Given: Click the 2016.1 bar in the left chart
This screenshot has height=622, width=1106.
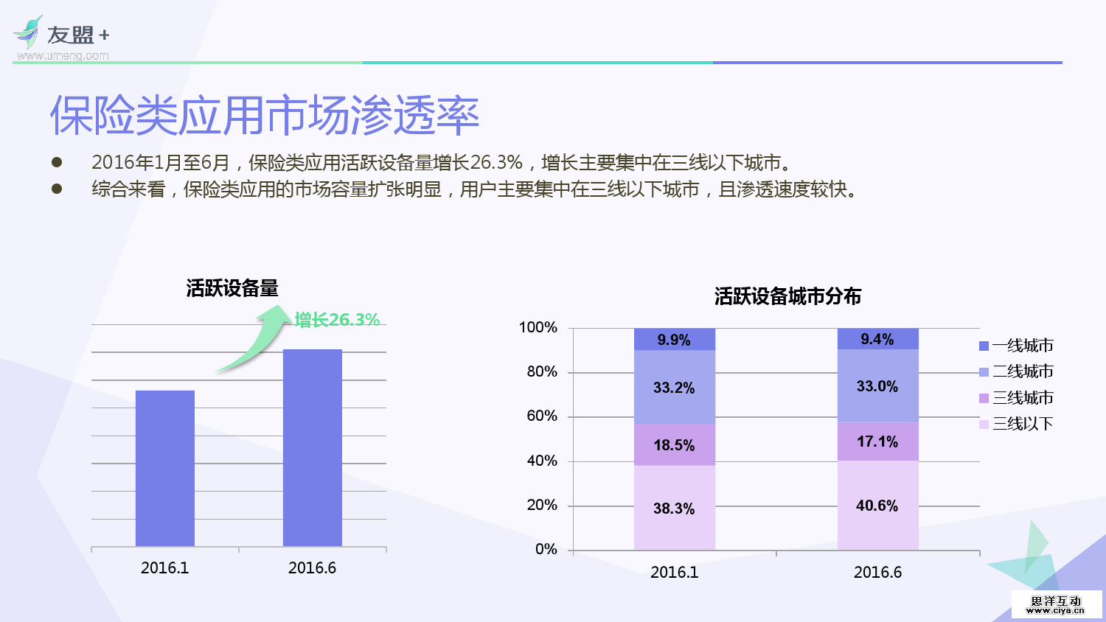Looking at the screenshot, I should [x=165, y=468].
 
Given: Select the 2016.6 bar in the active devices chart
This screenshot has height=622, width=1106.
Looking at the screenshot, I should [x=313, y=447].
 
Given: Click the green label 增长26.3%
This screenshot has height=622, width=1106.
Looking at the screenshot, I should [x=337, y=320].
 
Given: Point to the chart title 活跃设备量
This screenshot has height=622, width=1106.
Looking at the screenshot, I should [x=232, y=288].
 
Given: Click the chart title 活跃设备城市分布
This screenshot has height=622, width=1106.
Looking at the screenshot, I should [x=787, y=296].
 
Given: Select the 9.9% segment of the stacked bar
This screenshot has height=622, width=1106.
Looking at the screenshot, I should [x=674, y=339].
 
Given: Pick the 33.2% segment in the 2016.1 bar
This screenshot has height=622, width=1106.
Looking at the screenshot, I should [x=674, y=387].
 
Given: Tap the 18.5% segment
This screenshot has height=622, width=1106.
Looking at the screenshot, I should [x=674, y=444].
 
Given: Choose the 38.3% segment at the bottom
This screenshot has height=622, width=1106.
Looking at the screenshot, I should [x=674, y=508].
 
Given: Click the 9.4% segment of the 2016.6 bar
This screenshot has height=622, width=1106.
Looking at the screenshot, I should [x=877, y=338].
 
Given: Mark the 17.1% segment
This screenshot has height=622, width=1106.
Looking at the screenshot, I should [x=877, y=441].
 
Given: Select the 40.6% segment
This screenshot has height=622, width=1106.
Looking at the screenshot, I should [x=877, y=506].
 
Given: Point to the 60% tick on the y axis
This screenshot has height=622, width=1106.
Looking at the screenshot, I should [x=542, y=416].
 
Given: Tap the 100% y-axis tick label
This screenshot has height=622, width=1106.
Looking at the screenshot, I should [x=538, y=327].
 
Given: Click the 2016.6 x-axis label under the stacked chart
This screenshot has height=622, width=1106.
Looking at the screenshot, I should [x=877, y=573].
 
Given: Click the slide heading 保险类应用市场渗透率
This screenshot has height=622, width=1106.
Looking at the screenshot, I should [x=265, y=116].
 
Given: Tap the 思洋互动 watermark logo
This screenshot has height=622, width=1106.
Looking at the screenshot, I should [x=1056, y=604].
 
